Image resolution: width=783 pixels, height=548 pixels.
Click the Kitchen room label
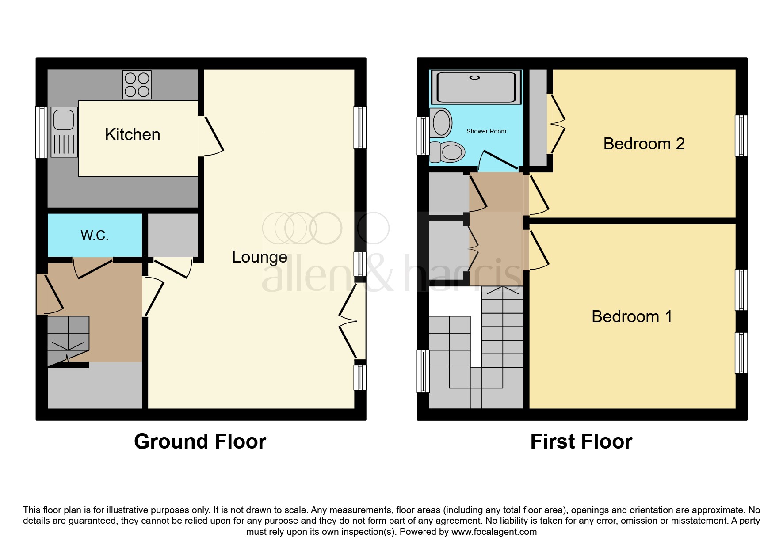tap(132, 135)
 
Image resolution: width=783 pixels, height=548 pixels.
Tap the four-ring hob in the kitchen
tap(137, 85)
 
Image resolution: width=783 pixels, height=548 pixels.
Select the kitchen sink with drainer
tap(64, 132)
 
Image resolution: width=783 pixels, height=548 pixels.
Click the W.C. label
tap(95, 235)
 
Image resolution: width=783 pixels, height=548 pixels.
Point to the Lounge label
tap(260, 257)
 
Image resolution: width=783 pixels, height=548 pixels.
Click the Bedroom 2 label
tap(644, 144)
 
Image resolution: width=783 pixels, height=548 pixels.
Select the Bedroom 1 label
tap(632, 316)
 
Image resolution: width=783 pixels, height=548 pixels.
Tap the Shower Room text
tap(486, 131)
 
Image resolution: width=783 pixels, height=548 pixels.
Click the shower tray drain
tap(474, 78)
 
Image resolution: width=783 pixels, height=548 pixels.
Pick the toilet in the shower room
tap(448, 152)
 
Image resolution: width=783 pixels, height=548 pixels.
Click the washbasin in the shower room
tap(441, 122)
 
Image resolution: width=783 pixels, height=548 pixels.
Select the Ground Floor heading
tap(200, 441)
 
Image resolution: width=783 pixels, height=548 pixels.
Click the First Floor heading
tap(581, 441)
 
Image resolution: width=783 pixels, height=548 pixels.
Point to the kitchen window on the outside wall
tap(41, 132)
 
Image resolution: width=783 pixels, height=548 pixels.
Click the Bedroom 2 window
tap(741, 136)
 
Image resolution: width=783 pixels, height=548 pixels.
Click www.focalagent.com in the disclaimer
tap(493, 532)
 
